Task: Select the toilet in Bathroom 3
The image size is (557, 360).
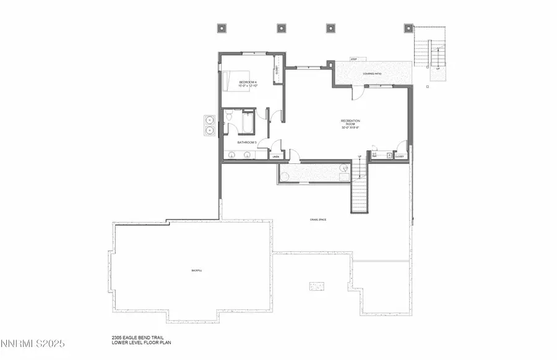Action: (x=229, y=115)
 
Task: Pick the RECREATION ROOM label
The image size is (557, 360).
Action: (x=350, y=124)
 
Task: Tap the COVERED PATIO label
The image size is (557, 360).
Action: (x=372, y=74)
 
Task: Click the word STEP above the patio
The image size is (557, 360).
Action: (x=353, y=59)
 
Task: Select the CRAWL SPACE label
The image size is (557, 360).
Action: (x=319, y=220)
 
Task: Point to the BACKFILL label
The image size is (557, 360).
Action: (x=197, y=271)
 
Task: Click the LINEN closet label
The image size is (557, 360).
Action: (x=276, y=157)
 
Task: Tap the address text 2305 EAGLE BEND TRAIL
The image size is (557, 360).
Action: (x=132, y=336)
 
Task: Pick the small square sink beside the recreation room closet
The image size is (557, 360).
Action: (x=389, y=155)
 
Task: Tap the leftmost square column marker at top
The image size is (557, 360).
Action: (x=222, y=28)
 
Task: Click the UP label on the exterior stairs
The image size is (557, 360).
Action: (x=438, y=68)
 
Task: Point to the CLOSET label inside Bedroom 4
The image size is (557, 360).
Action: (x=277, y=72)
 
